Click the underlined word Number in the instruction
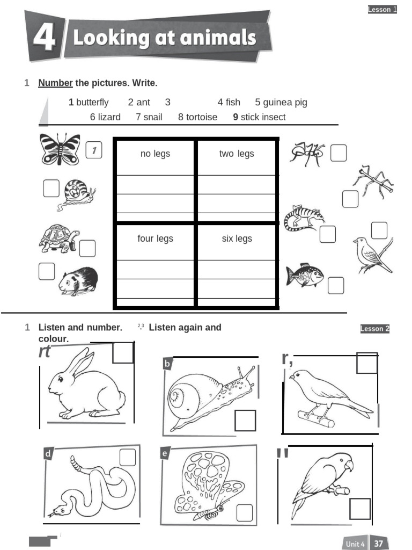55,83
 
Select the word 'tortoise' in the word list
202,117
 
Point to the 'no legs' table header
155,154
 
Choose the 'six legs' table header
237,238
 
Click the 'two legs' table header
237,154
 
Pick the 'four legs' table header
155,238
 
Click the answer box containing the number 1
94,151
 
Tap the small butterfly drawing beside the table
60,149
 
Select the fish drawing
304,275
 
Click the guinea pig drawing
78,281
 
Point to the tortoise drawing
58,238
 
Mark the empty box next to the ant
339,153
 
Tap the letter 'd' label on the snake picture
48,454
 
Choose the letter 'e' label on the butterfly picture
165,454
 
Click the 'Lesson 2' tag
375,329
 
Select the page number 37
379,544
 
